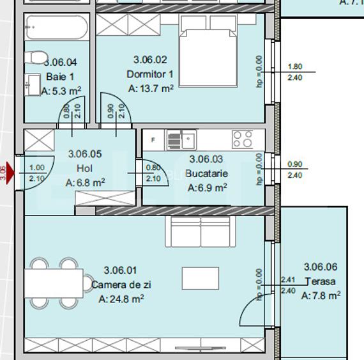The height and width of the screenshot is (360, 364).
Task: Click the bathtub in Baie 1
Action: [58, 29]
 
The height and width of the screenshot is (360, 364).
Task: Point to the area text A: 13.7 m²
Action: [151, 89]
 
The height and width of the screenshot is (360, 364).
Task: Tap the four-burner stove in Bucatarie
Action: [242, 139]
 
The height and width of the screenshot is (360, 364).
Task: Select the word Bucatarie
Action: [206, 173]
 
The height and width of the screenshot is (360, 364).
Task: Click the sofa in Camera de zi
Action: [199, 233]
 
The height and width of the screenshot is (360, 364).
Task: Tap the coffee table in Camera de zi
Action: [200, 278]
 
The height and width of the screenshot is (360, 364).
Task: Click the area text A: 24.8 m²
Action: [121, 299]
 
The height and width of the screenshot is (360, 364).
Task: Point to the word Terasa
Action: [320, 281]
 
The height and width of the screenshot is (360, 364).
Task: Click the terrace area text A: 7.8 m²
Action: [321, 295]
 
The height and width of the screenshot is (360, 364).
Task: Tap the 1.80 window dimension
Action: [295, 67]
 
